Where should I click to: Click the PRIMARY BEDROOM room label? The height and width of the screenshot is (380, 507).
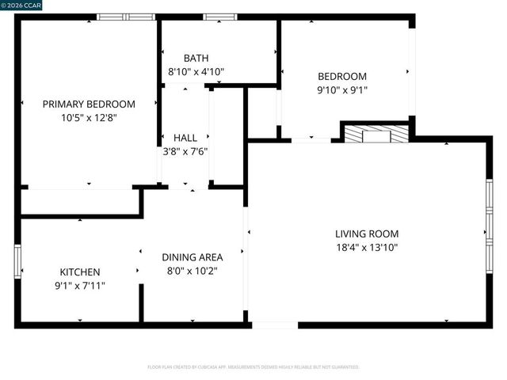point(89,104)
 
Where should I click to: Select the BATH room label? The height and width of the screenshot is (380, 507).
point(196,58)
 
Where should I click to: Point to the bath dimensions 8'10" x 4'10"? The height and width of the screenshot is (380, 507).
point(196,71)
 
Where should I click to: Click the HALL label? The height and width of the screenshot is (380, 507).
point(185,138)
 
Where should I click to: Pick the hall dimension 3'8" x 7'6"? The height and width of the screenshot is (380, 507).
point(185,151)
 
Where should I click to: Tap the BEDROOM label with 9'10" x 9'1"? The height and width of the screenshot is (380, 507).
point(342,76)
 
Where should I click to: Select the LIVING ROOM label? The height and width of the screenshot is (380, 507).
point(367,234)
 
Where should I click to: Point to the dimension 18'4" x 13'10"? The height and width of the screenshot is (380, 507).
point(367,247)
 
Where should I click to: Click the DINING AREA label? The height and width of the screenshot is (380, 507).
point(193,257)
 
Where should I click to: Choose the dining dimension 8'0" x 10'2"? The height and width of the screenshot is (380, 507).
point(193,271)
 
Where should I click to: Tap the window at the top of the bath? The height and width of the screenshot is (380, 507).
point(219,17)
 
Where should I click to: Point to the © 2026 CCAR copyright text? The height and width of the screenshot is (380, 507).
point(22,5)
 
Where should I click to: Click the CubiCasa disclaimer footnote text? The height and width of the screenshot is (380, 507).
point(253,367)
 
